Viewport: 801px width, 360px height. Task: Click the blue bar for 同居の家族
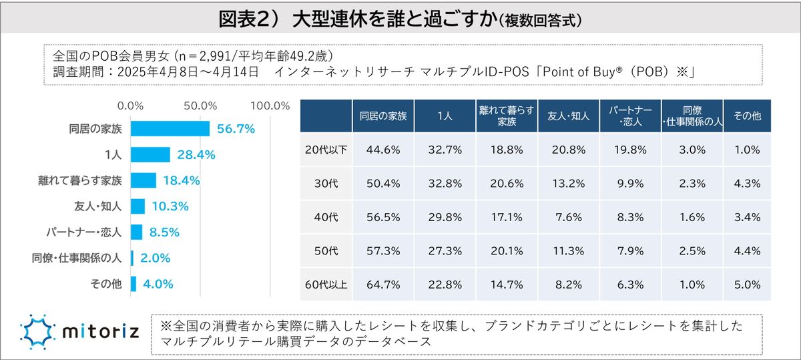[170, 129]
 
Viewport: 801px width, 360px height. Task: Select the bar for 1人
[150, 155]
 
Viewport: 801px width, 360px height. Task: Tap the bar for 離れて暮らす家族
[144, 180]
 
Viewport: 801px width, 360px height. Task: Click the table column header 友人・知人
[569, 116]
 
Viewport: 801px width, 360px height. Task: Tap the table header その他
[747, 116]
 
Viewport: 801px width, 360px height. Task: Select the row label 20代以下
[326, 150]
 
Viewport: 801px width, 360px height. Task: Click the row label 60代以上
[326, 285]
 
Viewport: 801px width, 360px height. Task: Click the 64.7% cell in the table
[383, 285]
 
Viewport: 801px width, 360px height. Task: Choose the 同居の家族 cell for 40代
[383, 217]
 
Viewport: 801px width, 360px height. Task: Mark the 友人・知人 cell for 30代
[569, 184]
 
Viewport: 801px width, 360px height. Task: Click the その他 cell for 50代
[747, 251]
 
